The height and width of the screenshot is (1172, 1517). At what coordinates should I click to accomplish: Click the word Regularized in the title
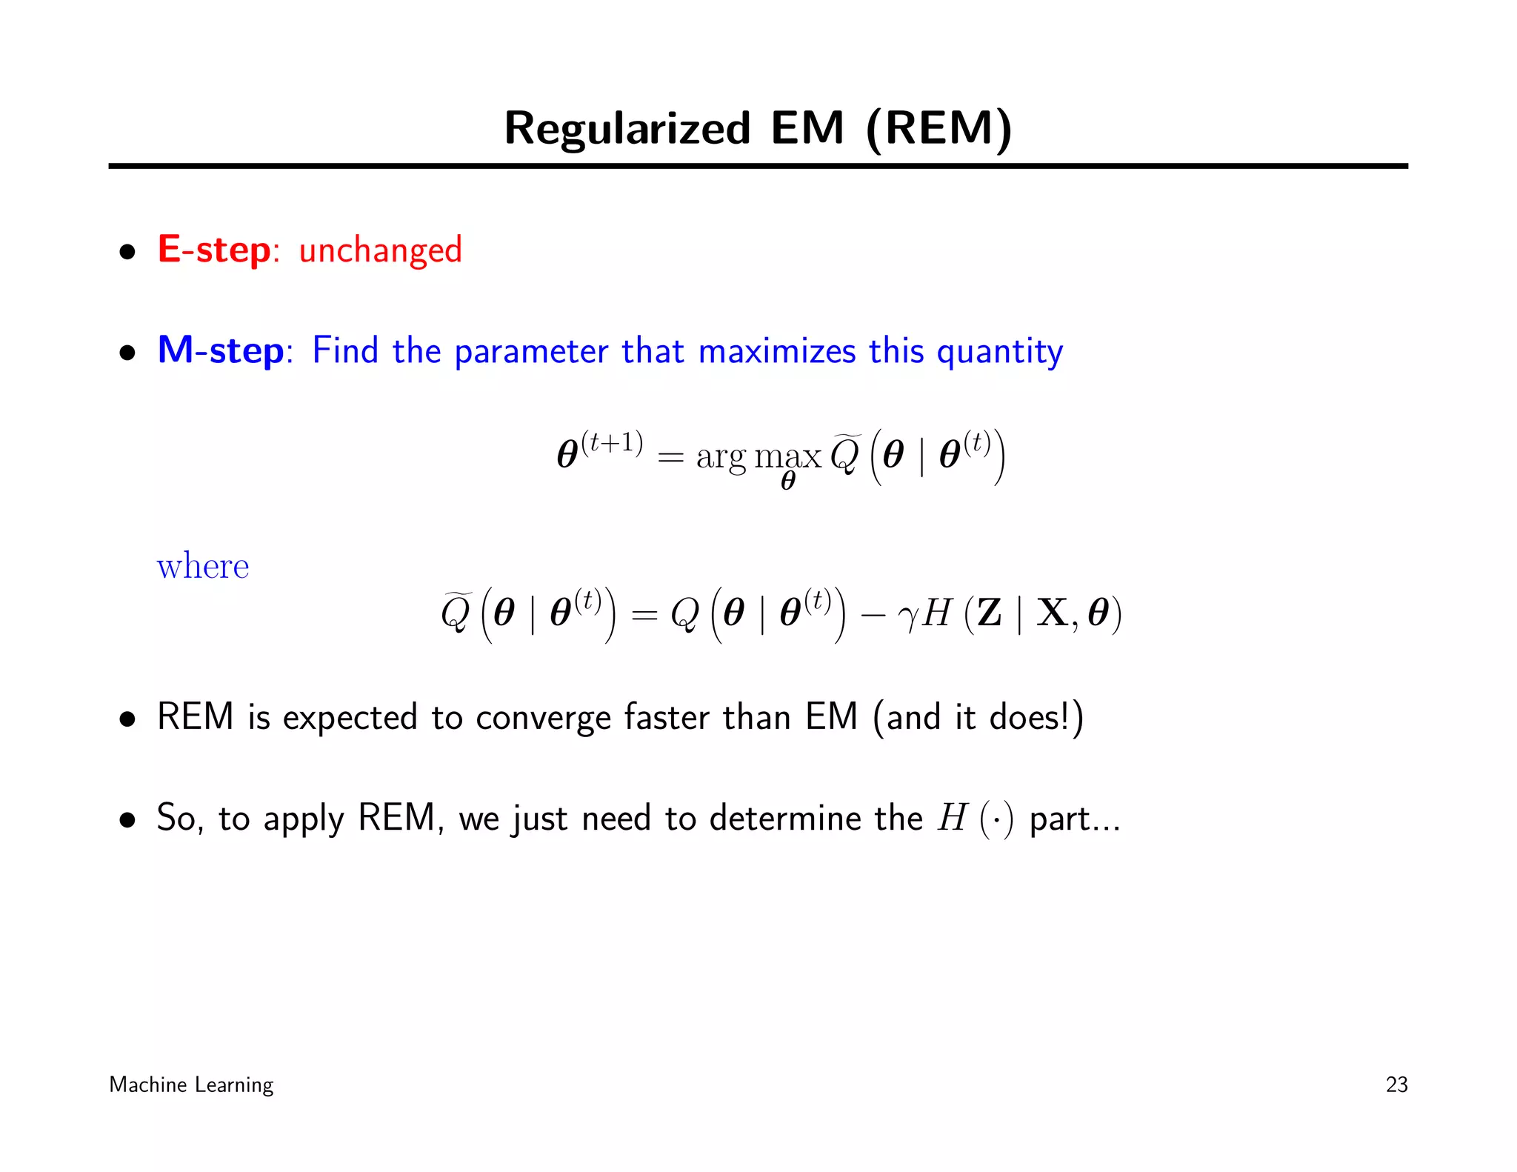(627, 129)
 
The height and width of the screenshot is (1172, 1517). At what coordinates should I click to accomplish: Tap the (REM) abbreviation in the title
(938, 129)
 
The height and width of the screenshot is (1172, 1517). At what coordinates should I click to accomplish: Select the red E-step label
(214, 250)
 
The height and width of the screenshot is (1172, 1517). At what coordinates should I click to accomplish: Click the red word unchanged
(380, 250)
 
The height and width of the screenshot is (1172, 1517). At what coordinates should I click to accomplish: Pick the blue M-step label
(221, 350)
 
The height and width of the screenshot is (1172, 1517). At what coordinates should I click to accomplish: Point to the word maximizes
(777, 351)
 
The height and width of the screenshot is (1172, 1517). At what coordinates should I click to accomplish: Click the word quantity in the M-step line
(999, 353)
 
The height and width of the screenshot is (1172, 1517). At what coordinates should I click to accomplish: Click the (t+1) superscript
(612, 442)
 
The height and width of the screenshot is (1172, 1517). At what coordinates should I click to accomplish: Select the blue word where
(203, 567)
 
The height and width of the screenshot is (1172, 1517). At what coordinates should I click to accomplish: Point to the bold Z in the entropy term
(990, 613)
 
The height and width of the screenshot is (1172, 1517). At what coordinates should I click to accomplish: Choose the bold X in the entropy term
(1051, 613)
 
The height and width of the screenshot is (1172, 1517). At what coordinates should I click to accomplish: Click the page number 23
(1396, 1085)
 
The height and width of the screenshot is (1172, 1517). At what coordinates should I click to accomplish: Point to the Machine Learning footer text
(191, 1085)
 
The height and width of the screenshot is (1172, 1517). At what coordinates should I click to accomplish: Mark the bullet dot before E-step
(128, 252)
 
